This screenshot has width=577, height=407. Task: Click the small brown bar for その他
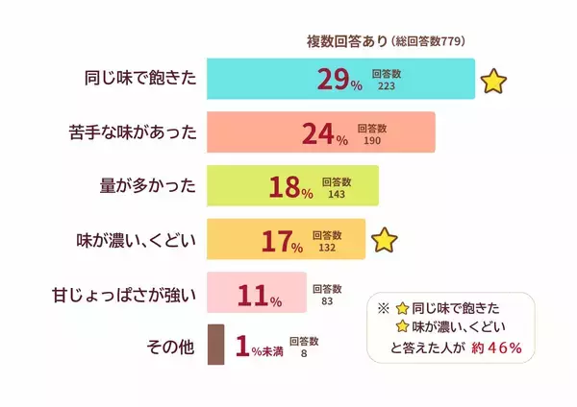click(x=215, y=346)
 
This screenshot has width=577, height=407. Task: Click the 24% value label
click(x=324, y=134)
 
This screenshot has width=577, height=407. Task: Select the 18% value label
click(x=291, y=188)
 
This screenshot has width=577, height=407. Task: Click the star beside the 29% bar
click(x=493, y=81)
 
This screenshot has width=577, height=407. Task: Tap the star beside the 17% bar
click(x=384, y=240)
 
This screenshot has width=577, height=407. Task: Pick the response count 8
click(x=304, y=353)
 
